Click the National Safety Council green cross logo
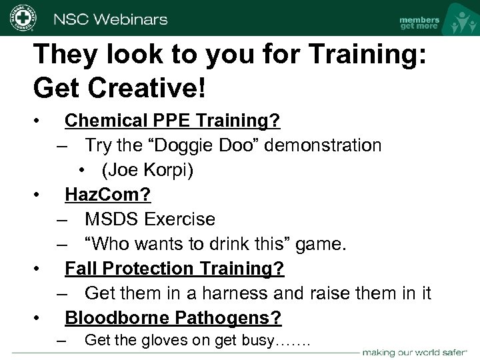click(23, 18)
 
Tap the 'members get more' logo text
click(419, 23)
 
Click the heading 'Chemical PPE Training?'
click(172, 121)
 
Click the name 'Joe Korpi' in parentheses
click(147, 170)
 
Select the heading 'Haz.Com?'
click(107, 194)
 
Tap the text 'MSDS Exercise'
click(150, 219)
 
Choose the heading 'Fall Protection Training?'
click(174, 268)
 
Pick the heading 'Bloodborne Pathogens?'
click(173, 317)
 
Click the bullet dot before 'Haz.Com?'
click(39, 195)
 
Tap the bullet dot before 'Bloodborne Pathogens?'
click(39, 317)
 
